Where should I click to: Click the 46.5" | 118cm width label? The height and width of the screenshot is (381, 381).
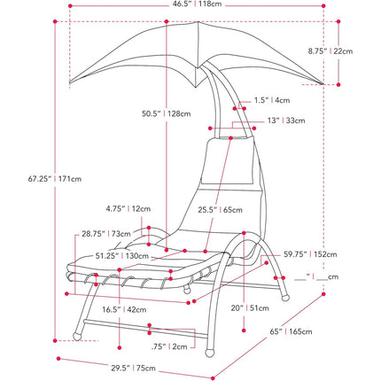click(x=197, y=4)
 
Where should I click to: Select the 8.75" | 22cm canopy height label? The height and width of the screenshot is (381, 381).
click(x=330, y=51)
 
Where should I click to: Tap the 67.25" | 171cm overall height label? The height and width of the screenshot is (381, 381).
click(x=55, y=179)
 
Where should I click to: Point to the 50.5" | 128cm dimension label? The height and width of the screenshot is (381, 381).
click(x=167, y=113)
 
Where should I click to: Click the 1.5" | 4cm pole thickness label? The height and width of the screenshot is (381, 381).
click(x=272, y=100)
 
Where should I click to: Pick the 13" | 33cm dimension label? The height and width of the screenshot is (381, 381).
click(x=286, y=121)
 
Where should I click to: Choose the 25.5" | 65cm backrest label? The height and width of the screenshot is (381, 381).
click(x=220, y=210)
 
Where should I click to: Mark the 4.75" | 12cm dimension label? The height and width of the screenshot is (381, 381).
click(x=128, y=209)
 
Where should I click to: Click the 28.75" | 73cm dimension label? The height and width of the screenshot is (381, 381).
click(x=106, y=234)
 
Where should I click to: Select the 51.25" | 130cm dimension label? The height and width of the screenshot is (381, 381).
click(x=122, y=256)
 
